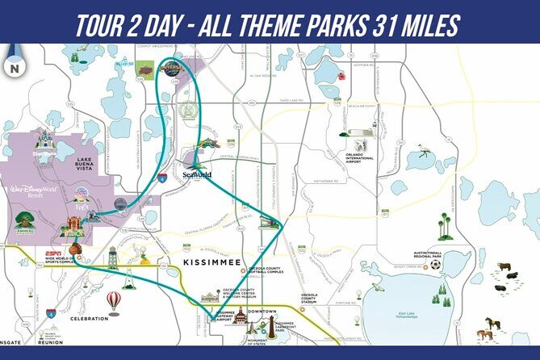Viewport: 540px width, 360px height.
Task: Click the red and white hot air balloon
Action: pos(114,301)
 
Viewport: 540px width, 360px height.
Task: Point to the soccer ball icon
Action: pos(436,264)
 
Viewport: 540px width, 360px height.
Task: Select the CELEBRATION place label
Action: pos(89,318)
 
